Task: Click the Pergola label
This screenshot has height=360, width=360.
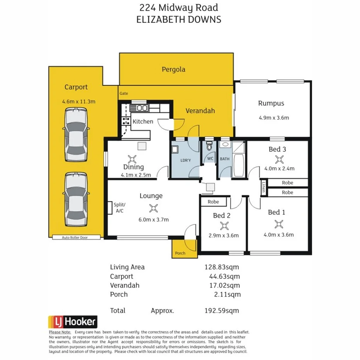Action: click(173, 70)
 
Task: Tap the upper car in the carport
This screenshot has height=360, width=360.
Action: click(76, 135)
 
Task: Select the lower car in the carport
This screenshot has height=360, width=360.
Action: click(76, 200)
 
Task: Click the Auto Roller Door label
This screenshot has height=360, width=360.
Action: click(75, 238)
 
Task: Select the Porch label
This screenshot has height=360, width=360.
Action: click(180, 253)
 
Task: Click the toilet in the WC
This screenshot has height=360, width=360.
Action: click(209, 147)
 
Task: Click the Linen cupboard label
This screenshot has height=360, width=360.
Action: click(263, 187)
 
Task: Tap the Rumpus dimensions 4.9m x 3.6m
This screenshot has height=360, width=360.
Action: click(273, 118)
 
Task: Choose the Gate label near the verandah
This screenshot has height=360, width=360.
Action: click(124, 93)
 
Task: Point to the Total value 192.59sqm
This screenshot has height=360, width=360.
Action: click(222, 311)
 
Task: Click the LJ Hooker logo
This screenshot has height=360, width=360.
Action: click(72, 322)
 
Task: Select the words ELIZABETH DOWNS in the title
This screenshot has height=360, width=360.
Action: click(179, 19)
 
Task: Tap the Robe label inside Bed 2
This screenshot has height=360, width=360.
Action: click(213, 202)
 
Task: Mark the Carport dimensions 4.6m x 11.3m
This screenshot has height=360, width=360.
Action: click(78, 102)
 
